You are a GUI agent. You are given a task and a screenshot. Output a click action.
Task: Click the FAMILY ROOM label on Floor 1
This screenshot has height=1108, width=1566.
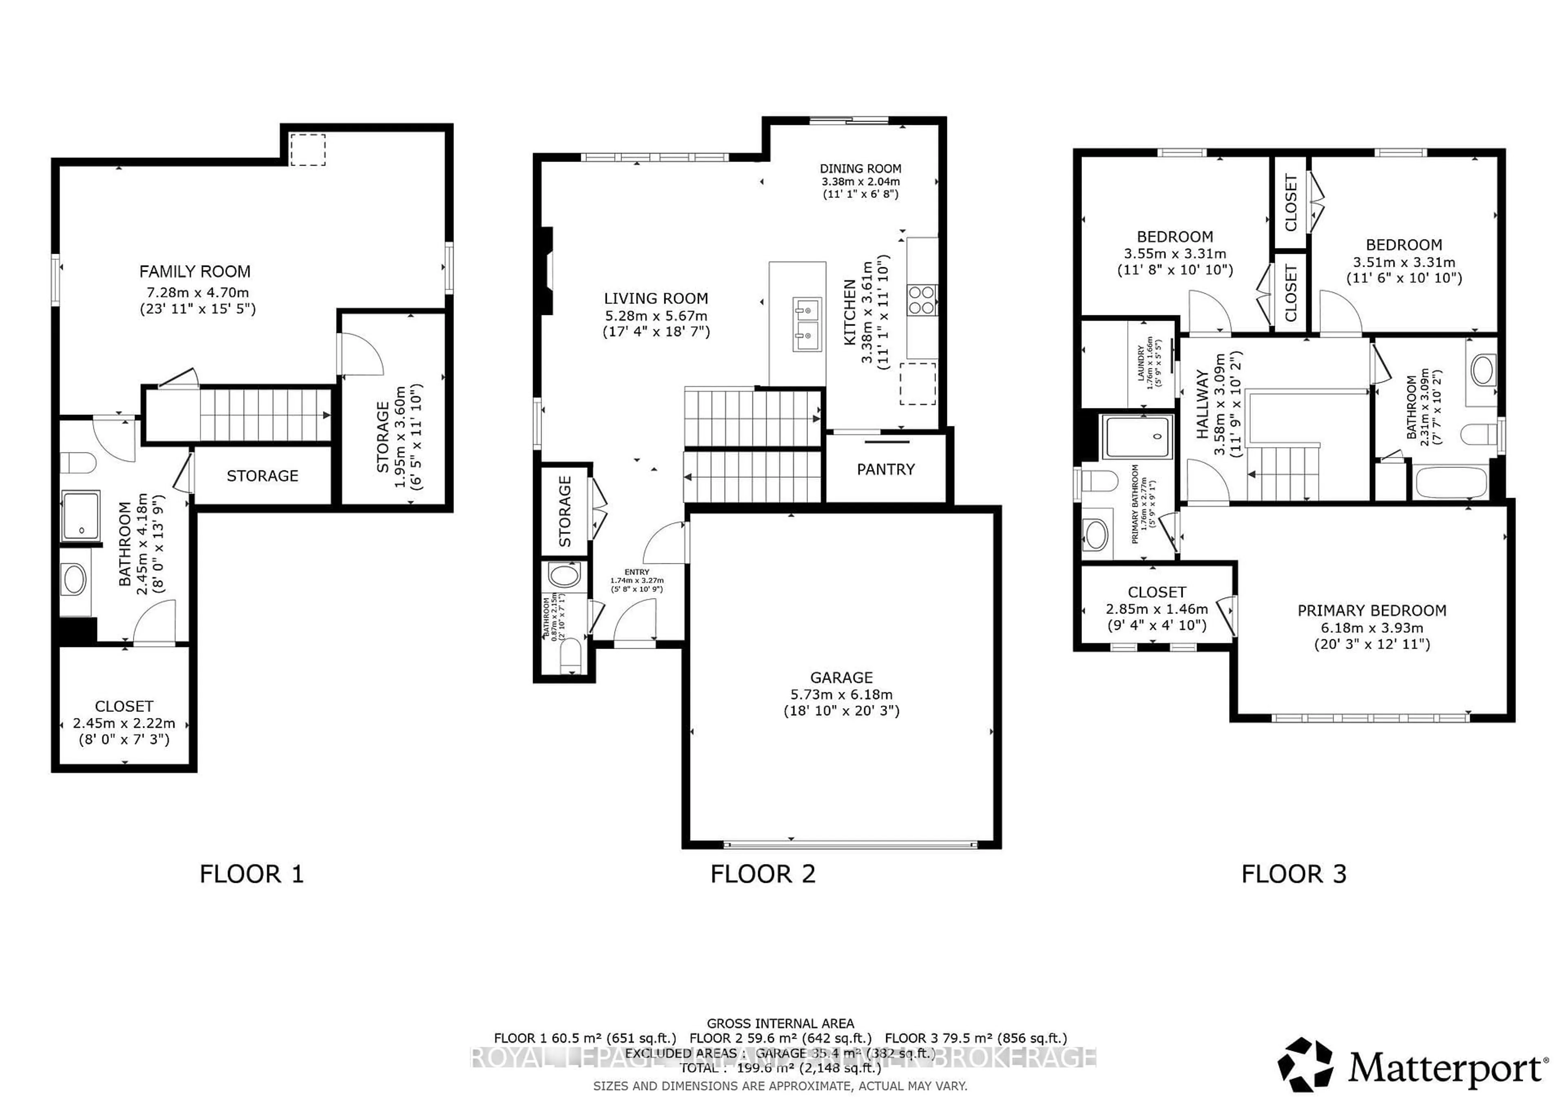pos(195,272)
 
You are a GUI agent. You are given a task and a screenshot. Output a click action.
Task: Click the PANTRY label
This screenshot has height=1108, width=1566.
pos(885,470)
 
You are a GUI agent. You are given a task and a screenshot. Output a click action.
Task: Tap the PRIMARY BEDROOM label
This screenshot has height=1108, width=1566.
pos(1371,611)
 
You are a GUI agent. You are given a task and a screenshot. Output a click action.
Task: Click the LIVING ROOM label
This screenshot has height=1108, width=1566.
pos(655,298)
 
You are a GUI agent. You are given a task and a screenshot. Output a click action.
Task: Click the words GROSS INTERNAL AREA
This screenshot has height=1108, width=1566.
pos(780,1024)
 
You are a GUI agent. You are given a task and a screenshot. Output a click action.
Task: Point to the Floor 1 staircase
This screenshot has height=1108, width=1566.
pos(263,414)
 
